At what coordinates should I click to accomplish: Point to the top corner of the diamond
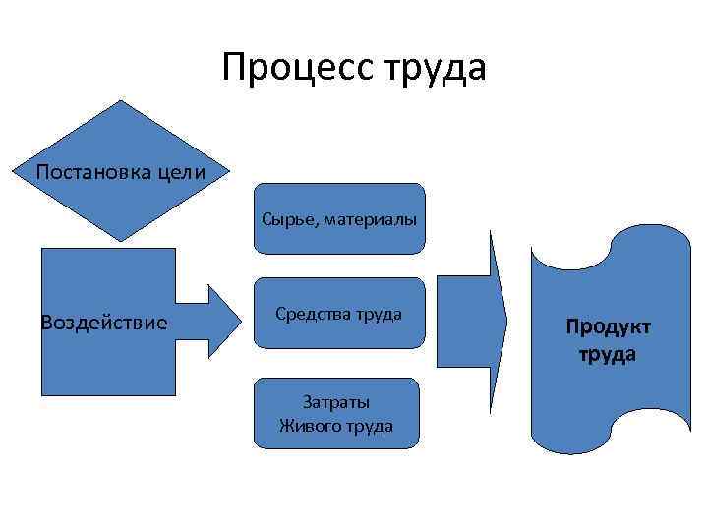(122, 101)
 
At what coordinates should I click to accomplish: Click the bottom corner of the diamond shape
(122, 242)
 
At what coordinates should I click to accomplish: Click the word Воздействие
(103, 323)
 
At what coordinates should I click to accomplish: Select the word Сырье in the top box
(283, 217)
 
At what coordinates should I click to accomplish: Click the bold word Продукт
(608, 327)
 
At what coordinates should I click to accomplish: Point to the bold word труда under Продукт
(608, 354)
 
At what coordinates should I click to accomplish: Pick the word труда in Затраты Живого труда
(371, 426)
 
